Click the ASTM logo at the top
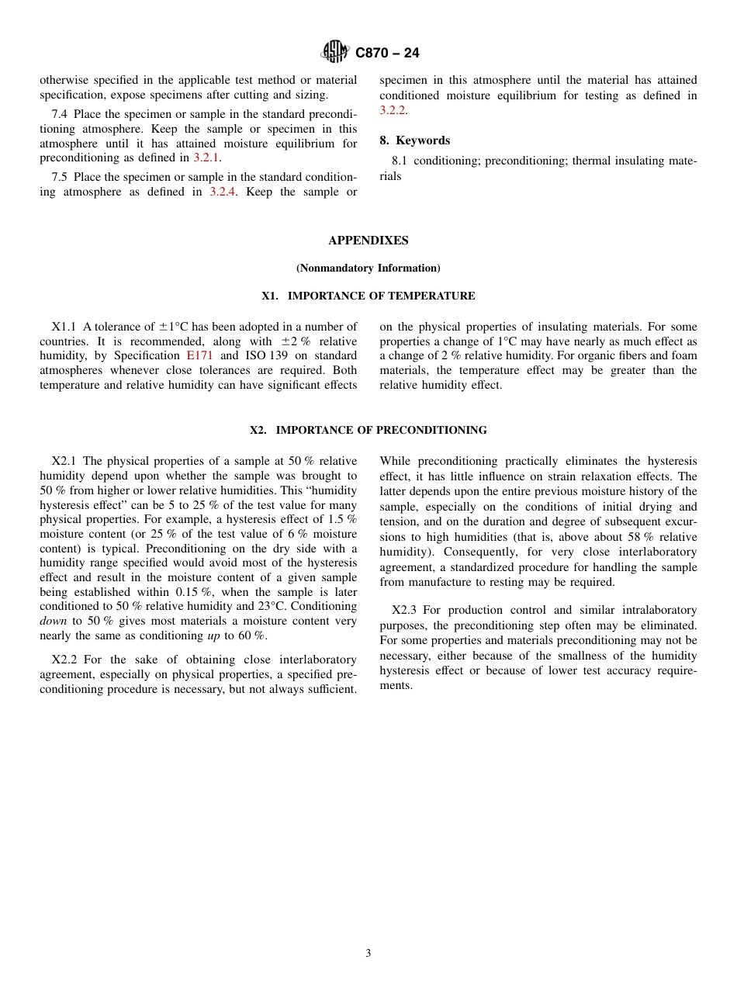[336, 52]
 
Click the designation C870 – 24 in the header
[387, 53]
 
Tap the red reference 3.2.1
[206, 158]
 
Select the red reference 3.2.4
[224, 192]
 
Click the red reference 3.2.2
[393, 110]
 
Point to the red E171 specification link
[200, 355]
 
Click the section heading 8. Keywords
[414, 140]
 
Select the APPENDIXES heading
[368, 241]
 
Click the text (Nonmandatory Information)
[368, 268]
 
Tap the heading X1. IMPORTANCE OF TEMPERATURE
[368, 296]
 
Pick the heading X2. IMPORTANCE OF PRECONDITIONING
[368, 430]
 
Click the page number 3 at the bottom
[368, 953]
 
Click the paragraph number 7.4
[60, 114]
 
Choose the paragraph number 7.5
[60, 177]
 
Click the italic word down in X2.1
[54, 621]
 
